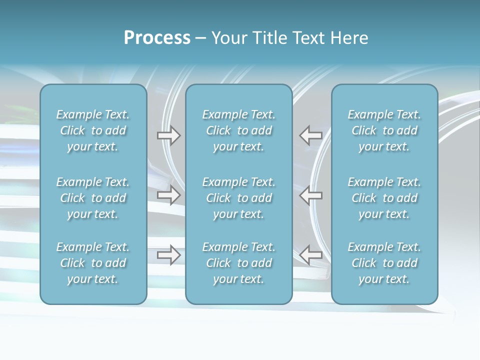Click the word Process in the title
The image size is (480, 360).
point(157,38)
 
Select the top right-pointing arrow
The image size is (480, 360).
point(169,135)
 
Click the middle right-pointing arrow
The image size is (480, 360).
point(169,195)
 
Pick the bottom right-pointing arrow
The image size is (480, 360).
point(169,255)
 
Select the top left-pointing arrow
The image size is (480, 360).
point(311,135)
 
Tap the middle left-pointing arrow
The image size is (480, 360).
point(311,195)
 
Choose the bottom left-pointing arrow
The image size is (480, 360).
point(311,255)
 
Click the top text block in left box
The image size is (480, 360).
point(93,130)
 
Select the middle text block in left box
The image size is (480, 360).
point(93,198)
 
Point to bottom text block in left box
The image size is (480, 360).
point(93,263)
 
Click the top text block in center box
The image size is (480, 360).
point(239,130)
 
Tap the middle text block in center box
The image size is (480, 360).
point(239,198)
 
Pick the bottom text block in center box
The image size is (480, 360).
point(239,263)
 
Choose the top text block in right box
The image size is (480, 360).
point(384,130)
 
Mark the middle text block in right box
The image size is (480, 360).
point(384,198)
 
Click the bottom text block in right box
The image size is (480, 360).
point(384,263)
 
